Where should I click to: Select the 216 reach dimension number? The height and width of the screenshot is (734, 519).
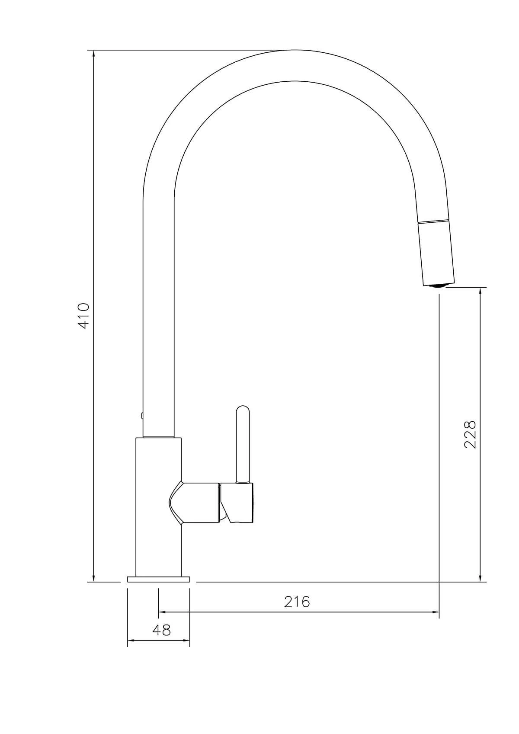pyautogui.click(x=297, y=602)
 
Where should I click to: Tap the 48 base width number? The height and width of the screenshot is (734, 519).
pyautogui.click(x=161, y=630)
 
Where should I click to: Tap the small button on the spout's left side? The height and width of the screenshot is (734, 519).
pyautogui.click(x=142, y=416)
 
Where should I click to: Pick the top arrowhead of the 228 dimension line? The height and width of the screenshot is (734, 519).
pyautogui.click(x=480, y=291)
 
